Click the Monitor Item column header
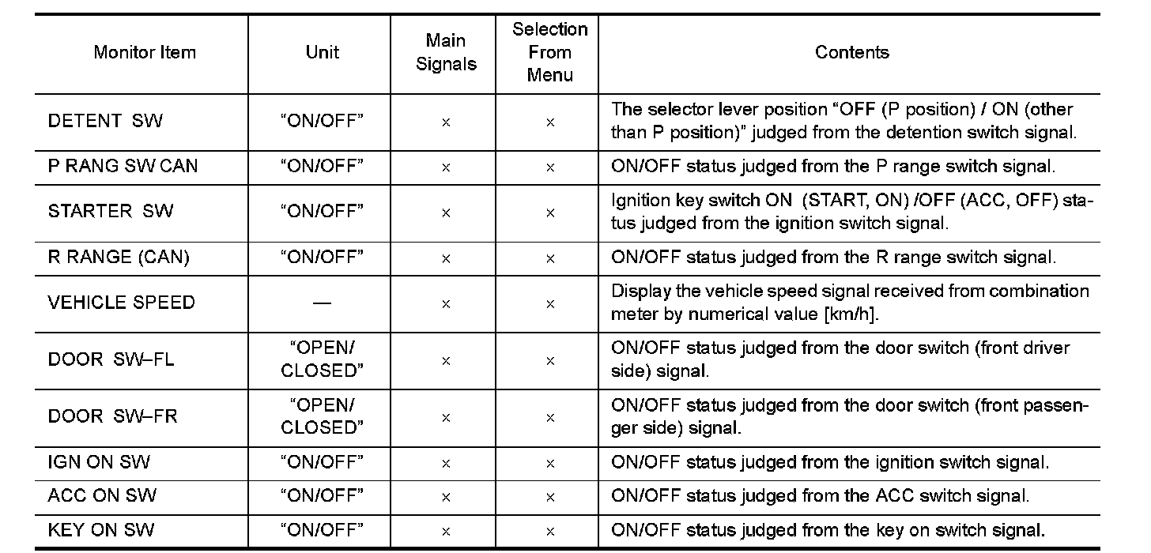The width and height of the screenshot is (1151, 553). point(145,53)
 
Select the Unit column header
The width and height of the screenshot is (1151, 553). point(323,53)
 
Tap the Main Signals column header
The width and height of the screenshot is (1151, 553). point(446,53)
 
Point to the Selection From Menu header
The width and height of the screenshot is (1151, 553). point(550,53)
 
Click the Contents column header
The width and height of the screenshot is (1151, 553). point(851,53)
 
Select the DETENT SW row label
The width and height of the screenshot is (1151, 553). point(105,121)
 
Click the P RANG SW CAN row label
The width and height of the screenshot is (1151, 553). point(123,167)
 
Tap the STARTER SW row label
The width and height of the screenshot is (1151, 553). point(110,212)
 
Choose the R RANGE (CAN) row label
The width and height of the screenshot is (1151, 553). point(119,258)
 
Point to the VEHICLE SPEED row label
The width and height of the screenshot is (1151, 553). point(121,303)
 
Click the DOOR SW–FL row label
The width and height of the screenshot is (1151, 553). point(111,359)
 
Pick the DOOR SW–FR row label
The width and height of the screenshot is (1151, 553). point(112,416)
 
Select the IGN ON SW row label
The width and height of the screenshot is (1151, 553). point(99,462)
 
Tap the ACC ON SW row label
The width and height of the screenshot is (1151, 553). point(102,496)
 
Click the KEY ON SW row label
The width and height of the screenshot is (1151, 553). point(101,530)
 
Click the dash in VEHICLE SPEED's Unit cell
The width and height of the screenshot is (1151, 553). point(323,303)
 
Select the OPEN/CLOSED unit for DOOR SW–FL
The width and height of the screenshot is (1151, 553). point(323,359)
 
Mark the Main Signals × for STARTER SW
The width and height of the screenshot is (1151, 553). point(446,213)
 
